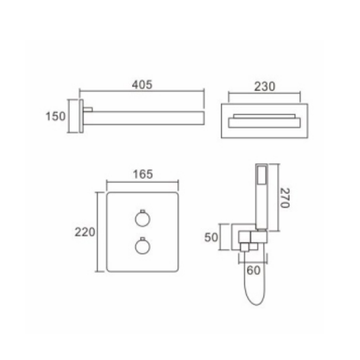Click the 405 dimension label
point(142,85)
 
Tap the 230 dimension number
point(265,86)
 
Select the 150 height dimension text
point(55,116)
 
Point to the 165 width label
point(143,174)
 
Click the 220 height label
point(85,232)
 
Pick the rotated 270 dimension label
point(285,198)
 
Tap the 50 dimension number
point(211,237)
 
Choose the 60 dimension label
point(253,270)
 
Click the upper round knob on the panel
point(143,218)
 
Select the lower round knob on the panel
point(143,246)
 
